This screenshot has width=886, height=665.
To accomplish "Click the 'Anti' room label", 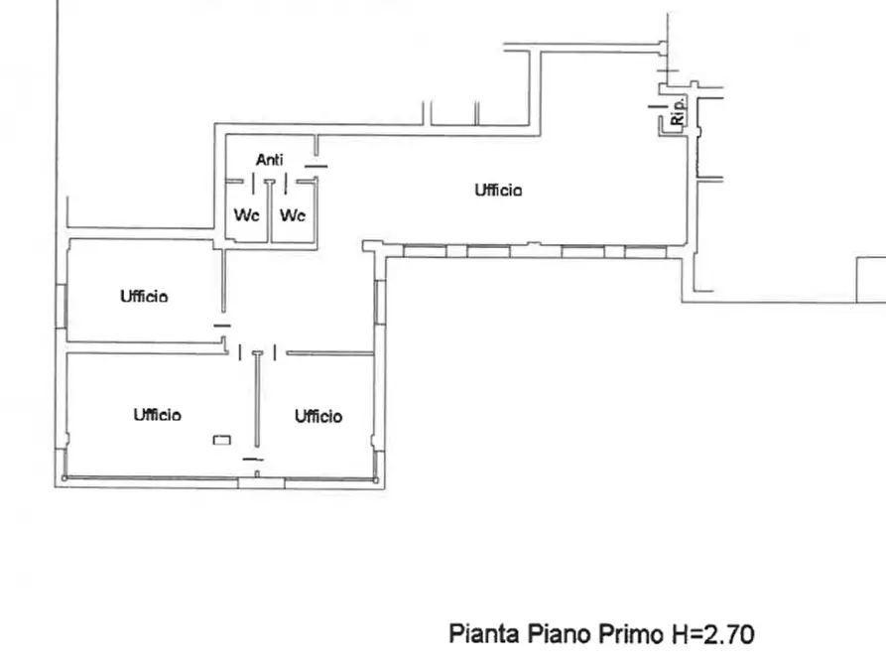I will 270,159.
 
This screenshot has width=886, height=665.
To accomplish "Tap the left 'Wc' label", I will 246,214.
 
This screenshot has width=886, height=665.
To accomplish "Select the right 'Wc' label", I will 293,214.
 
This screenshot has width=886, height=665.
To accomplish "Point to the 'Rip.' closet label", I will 678,110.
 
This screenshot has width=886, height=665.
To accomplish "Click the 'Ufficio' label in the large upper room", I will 498,191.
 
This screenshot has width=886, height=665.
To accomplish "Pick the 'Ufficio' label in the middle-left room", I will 145,296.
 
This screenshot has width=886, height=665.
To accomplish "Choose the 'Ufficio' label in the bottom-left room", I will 157,415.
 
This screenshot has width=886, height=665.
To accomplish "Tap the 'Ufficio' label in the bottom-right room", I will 318,416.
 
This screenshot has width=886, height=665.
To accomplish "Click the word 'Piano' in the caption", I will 559,633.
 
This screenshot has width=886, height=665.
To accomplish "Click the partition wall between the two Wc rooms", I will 270,213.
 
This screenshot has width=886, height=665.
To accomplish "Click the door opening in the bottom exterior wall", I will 261,482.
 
